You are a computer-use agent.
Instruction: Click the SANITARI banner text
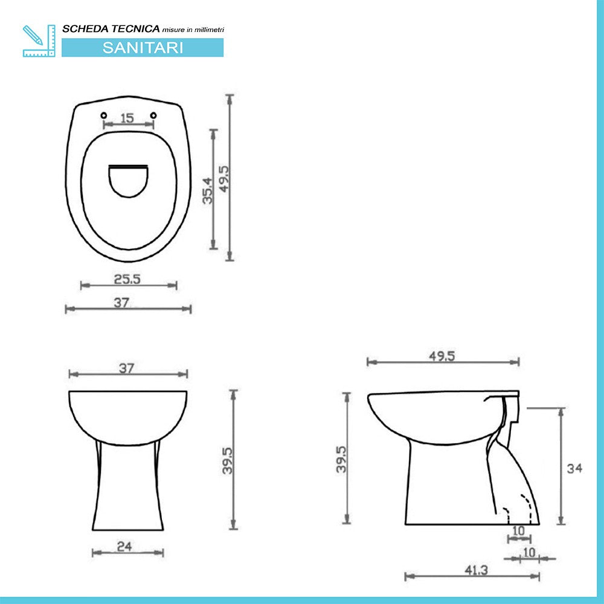tap(143, 48)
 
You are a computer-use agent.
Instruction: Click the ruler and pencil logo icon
tap(39, 41)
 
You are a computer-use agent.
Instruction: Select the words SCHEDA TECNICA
tap(111, 28)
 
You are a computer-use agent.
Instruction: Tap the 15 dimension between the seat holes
tap(127, 118)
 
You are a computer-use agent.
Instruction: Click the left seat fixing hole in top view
tap(103, 115)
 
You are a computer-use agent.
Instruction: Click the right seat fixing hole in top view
tap(153, 115)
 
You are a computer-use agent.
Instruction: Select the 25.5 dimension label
tap(127, 279)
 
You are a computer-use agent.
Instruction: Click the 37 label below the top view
tap(123, 303)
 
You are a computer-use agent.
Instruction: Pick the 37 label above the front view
tap(126, 368)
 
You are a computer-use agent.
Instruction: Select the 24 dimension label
tap(124, 547)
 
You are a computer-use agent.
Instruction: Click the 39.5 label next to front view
tap(228, 460)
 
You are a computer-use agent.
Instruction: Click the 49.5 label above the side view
tap(442, 356)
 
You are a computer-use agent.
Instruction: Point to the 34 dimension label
tap(574, 468)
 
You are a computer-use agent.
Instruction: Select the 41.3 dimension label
tap(477, 570)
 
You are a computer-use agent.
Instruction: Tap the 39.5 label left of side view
tap(341, 459)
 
